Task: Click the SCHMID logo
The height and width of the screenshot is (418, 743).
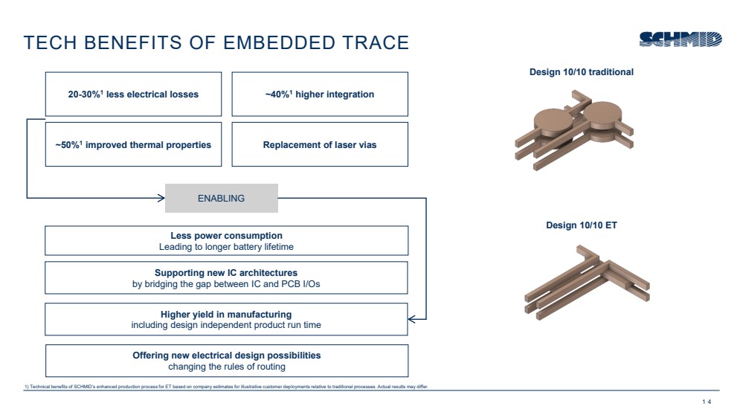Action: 679,39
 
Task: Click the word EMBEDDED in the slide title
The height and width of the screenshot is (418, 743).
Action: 281,42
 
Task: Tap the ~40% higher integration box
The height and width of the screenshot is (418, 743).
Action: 320,94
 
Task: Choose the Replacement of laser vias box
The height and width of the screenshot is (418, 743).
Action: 320,144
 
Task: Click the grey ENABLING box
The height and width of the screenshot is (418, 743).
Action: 221,198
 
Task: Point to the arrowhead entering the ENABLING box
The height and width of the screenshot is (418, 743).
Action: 160,198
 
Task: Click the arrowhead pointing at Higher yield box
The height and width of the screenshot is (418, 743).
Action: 411,319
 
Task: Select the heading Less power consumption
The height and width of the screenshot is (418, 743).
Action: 226,236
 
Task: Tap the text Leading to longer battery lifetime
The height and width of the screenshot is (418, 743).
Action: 226,247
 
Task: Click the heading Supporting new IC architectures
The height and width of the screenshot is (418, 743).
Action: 226,272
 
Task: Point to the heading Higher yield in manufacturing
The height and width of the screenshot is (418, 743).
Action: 226,314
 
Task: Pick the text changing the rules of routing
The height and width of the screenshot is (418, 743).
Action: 226,367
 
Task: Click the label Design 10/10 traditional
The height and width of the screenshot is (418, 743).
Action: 581,72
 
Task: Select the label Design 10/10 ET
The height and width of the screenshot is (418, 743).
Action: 581,225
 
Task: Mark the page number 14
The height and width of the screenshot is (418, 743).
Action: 706,402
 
